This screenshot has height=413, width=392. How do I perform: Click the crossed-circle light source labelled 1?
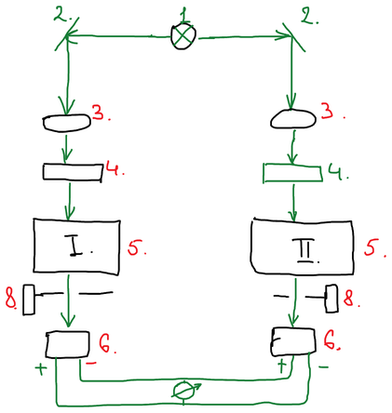point(183,37)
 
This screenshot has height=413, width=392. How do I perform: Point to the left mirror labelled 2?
point(66,34)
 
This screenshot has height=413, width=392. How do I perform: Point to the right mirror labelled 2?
point(293,37)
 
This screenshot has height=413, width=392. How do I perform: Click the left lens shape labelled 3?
point(67,123)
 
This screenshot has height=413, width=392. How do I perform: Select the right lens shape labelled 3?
point(293,119)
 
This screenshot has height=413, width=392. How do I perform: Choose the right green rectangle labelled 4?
point(292,173)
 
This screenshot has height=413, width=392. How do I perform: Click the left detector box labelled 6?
point(68,344)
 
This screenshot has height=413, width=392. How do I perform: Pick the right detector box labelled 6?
point(293,341)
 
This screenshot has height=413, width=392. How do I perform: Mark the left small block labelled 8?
point(29,300)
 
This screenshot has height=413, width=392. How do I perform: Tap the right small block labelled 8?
point(331,299)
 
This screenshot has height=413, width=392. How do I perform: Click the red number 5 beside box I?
point(135,246)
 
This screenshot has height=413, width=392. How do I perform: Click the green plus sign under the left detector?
point(41,368)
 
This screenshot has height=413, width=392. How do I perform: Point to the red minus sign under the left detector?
point(91,363)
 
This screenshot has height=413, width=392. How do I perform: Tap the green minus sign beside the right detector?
point(323,367)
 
